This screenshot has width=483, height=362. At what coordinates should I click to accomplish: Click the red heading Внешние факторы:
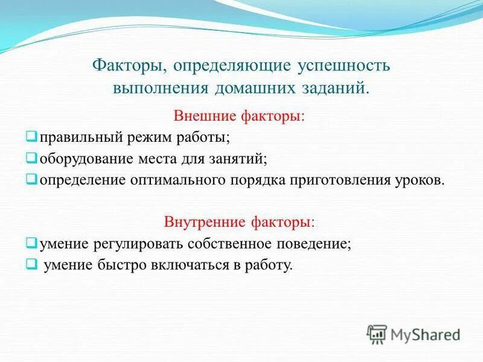click(x=239, y=115)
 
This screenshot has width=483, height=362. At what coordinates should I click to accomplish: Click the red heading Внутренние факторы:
click(x=239, y=221)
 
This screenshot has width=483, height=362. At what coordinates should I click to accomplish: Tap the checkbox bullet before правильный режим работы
click(x=31, y=137)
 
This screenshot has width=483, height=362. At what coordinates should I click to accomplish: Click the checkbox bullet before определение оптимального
click(x=31, y=179)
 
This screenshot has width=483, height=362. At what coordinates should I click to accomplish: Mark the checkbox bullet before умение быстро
click(x=31, y=264)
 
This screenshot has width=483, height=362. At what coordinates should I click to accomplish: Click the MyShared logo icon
click(x=377, y=334)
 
